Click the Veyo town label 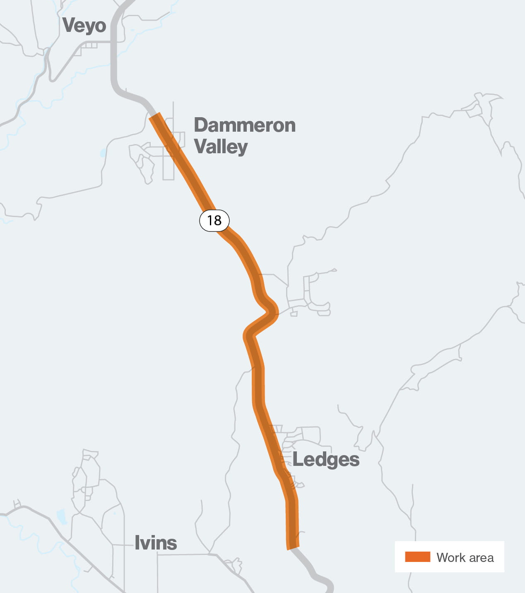pos(84,26)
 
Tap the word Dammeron pos(245,125)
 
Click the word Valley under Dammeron pos(221,147)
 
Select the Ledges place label pos(326,460)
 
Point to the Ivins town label pos(156,543)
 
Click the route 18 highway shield pos(214,220)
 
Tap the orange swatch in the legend pos(417,557)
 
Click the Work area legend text pos(465,557)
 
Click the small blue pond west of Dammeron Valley pos(103,153)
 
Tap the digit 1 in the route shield pos(210,220)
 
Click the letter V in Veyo pos(69,26)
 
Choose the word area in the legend pos(481,558)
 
